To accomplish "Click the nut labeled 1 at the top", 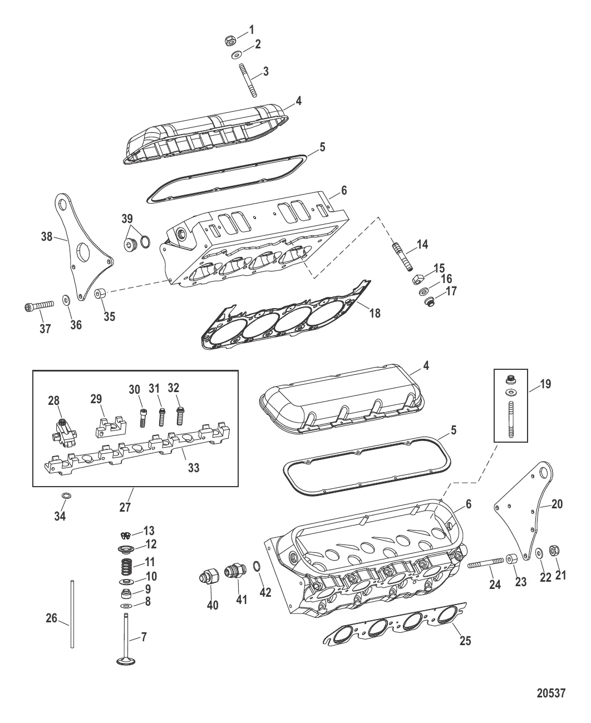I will point(229,41).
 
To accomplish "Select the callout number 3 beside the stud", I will point(265,71).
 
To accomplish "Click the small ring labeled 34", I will point(66,495).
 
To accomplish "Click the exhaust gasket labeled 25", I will point(390,626).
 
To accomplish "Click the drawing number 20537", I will point(551,694).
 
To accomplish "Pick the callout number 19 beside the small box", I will point(545,384).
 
